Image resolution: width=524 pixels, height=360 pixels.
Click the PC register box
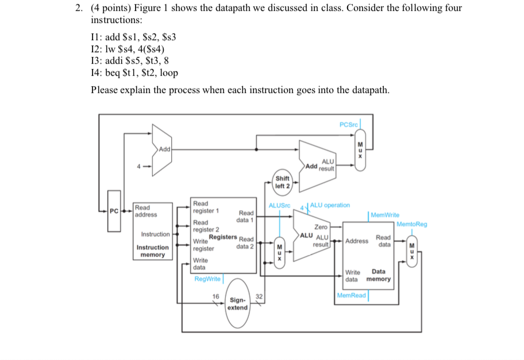114,219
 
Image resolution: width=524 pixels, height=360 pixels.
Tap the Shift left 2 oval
282,182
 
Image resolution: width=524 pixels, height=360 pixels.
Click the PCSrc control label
348,125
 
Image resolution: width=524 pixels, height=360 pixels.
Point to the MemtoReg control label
411,224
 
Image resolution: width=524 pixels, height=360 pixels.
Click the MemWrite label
385,215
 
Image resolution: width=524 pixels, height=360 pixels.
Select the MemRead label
351,295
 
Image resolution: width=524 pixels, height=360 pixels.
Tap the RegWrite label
207,278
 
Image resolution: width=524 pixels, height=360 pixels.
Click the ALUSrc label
280,205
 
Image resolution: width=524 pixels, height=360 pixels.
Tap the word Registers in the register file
223,237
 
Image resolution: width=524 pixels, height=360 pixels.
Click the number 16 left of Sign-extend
215,297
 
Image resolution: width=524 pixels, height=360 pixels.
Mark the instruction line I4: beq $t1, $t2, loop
134,73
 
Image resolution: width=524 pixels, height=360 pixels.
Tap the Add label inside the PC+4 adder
164,149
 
